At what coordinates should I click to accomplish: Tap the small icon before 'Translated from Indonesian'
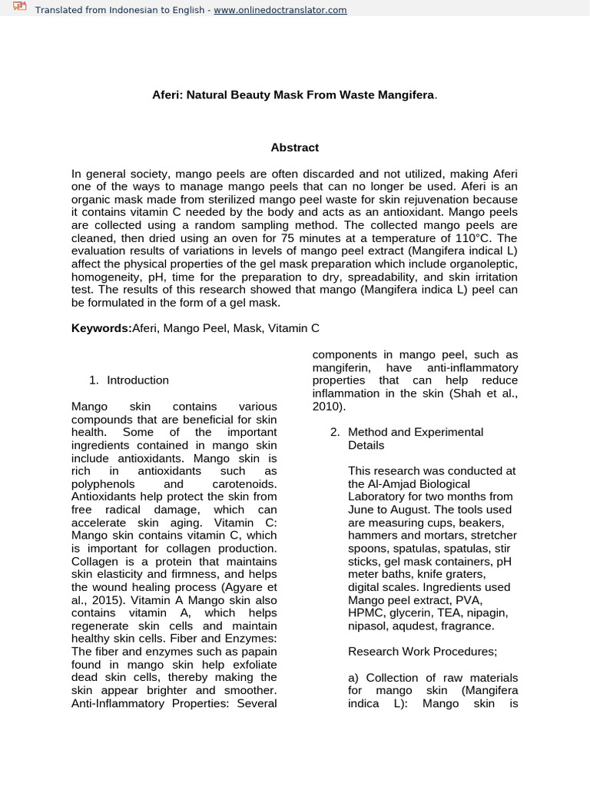point(19,8)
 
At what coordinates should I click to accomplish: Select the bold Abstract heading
point(294,147)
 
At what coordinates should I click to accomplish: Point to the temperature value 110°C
point(472,237)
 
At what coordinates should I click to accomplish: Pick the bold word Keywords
point(101,328)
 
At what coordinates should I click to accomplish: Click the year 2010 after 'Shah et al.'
point(327,406)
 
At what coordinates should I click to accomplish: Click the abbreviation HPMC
point(365,613)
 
